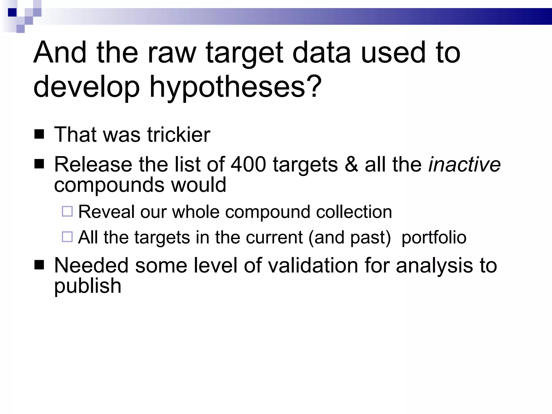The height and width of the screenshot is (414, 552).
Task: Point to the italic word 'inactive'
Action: click(464, 164)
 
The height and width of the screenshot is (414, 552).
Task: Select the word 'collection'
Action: click(354, 212)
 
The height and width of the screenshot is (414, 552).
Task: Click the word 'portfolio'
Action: click(434, 237)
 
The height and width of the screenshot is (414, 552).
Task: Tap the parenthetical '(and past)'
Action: click(350, 237)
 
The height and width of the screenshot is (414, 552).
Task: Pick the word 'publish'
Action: click(88, 286)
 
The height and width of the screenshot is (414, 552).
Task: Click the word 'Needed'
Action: click(91, 265)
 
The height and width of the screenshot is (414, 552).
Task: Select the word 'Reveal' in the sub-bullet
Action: click(106, 212)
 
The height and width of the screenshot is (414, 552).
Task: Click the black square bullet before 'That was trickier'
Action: click(39, 134)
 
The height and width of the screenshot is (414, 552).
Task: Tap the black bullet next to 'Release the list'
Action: click(39, 164)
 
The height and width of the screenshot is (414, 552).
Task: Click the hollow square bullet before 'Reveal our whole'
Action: click(67, 211)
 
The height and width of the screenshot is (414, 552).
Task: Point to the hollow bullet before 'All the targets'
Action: click(67, 237)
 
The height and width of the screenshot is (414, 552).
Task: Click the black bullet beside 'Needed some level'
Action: click(39, 265)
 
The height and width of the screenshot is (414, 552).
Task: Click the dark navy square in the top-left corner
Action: click(12, 12)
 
